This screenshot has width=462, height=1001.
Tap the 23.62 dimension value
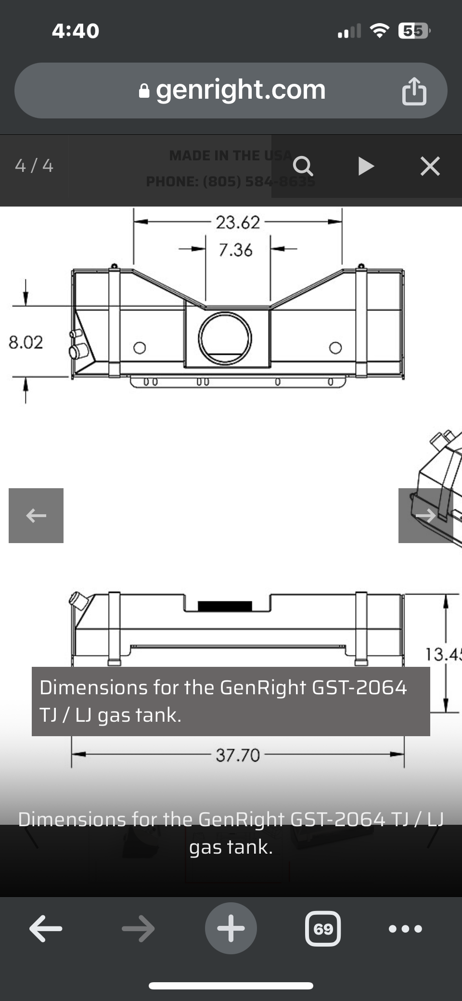pyautogui.click(x=238, y=222)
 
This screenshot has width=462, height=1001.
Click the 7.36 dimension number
pyautogui.click(x=235, y=250)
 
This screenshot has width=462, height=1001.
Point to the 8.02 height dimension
pyautogui.click(x=26, y=342)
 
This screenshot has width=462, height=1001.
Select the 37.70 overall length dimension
pyautogui.click(x=238, y=755)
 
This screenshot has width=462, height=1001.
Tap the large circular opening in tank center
pyautogui.click(x=225, y=338)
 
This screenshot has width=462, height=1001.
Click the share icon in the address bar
pyautogui.click(x=414, y=91)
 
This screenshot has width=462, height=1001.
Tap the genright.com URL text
pyautogui.click(x=241, y=90)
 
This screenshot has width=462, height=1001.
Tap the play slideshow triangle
pyautogui.click(x=366, y=166)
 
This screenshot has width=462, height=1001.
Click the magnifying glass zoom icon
pyautogui.click(x=303, y=166)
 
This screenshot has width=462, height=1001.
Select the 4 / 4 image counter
pyautogui.click(x=34, y=166)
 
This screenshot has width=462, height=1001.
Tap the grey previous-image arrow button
pyautogui.click(x=36, y=516)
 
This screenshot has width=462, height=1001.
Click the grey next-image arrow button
pyautogui.click(x=425, y=516)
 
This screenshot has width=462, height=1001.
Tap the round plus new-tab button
pyautogui.click(x=231, y=928)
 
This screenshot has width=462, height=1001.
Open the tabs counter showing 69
pyautogui.click(x=323, y=928)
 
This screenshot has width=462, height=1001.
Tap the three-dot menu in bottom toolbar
pyautogui.click(x=405, y=928)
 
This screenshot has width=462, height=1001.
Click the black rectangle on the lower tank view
pyautogui.click(x=225, y=606)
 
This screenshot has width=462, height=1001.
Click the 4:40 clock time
pyautogui.click(x=76, y=31)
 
